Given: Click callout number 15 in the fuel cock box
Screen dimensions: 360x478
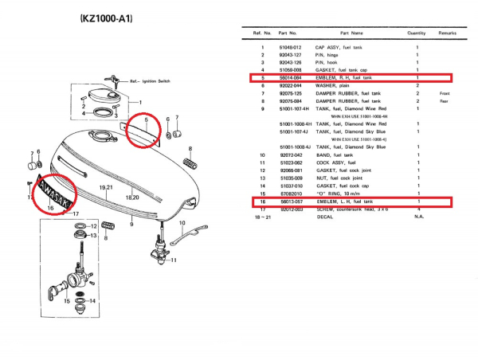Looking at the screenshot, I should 67,301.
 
